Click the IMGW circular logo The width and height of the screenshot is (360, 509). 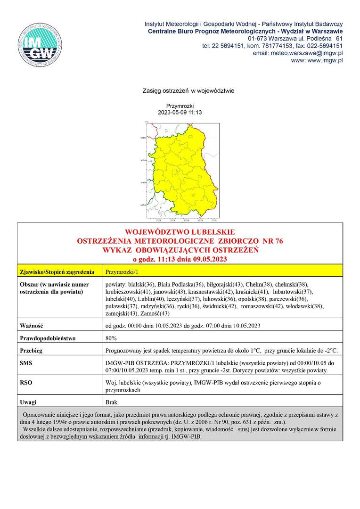pyautogui.click(x=41, y=46)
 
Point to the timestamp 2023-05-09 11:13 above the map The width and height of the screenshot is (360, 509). pyautogui.click(x=180, y=113)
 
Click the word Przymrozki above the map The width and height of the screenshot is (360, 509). pyautogui.click(x=180, y=106)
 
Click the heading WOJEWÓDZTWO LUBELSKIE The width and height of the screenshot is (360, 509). pyautogui.click(x=180, y=232)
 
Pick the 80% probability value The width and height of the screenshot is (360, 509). pyautogui.click(x=112, y=338)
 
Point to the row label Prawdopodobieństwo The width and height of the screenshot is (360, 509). pyautogui.click(x=48, y=338)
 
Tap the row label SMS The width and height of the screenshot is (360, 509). pyautogui.click(x=26, y=363)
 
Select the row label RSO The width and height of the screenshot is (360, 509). pyautogui.click(x=26, y=383)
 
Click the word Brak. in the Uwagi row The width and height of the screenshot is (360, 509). pyautogui.click(x=113, y=402)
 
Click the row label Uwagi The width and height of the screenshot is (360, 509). pyautogui.click(x=28, y=402)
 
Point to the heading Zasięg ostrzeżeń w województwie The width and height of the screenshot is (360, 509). pyautogui.click(x=188, y=90)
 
